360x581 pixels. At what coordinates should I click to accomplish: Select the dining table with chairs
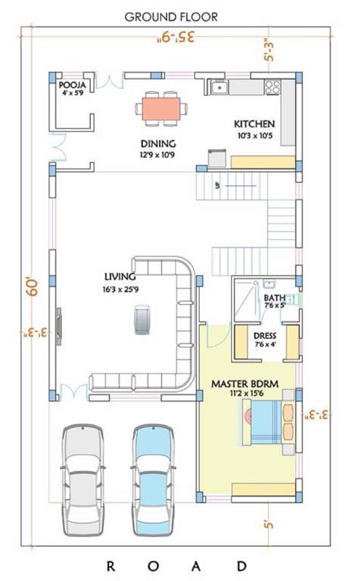click(161, 108)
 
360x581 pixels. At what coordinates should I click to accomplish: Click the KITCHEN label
click(254, 124)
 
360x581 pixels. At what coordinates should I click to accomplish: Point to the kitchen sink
click(219, 87)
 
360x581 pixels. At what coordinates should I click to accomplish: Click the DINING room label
click(157, 144)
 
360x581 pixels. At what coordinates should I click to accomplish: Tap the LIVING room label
click(120, 277)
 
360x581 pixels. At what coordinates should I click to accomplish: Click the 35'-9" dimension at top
click(178, 36)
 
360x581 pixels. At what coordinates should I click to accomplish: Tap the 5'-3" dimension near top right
click(270, 51)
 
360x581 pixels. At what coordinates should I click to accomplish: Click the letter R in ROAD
click(110, 565)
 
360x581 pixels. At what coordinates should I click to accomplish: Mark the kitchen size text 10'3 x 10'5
click(254, 136)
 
